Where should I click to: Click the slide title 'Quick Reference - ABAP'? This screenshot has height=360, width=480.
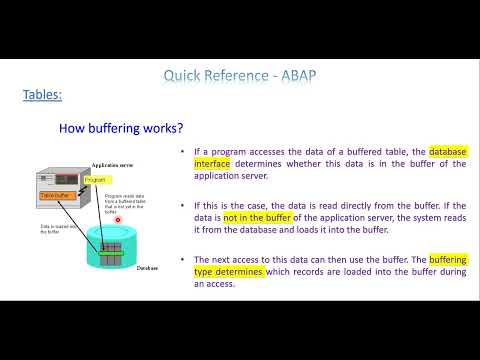coord(239,75)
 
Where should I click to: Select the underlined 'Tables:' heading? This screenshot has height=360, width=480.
coord(42,95)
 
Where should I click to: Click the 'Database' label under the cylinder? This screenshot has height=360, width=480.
coord(149,268)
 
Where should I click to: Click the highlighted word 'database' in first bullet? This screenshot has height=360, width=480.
coord(442,152)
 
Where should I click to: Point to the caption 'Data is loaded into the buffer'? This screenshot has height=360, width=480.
coord(52,231)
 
